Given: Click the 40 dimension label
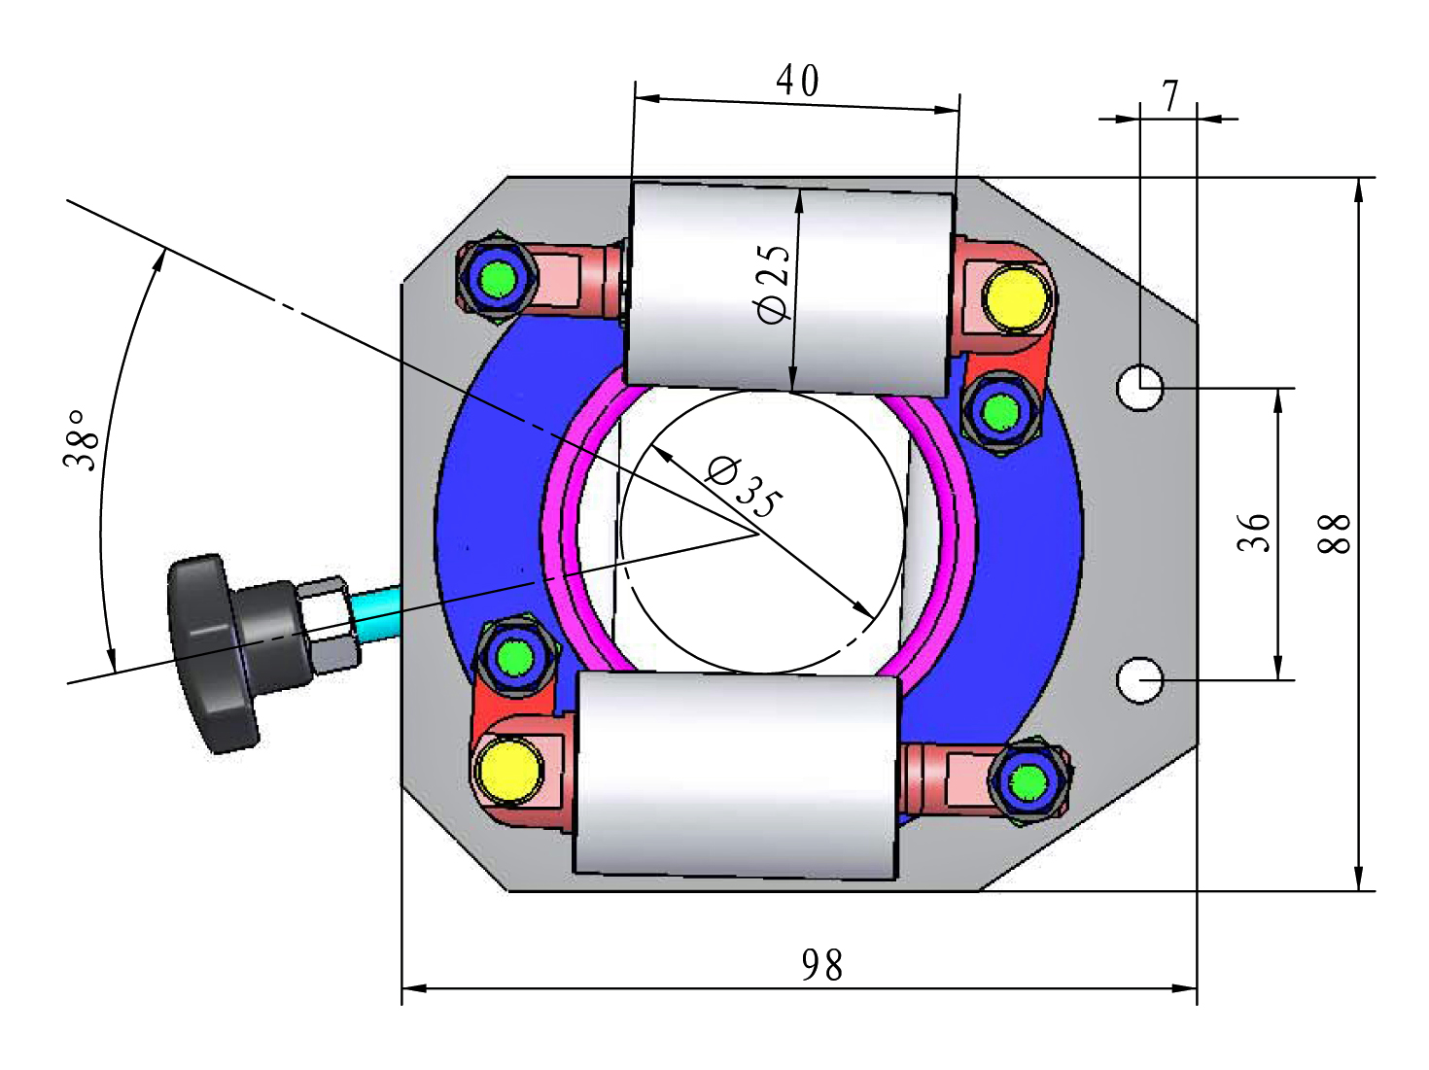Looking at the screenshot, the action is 797,81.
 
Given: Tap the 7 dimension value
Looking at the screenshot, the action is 1170,96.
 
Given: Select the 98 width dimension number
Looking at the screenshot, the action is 822,965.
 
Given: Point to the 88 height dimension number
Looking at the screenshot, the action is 1334,534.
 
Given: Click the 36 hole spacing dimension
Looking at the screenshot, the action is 1253,533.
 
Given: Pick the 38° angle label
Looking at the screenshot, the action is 81,440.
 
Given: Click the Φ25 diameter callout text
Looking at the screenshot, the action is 775,285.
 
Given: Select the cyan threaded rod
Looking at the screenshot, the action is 376,614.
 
